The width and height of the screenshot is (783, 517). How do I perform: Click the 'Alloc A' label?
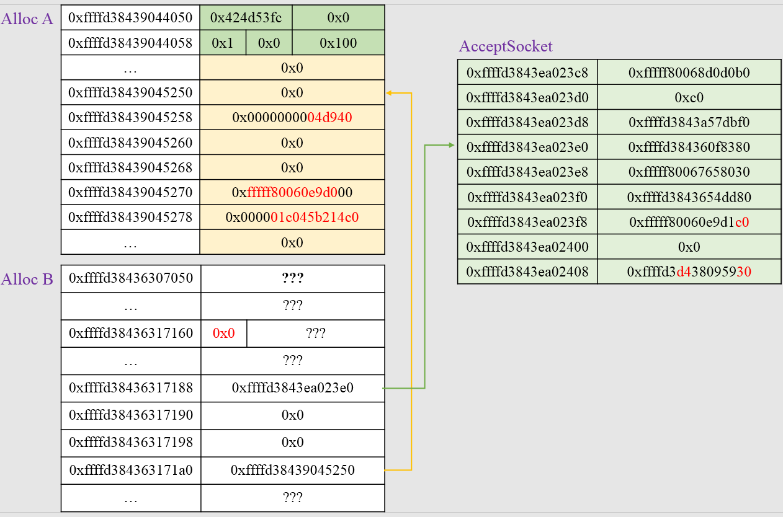pyautogui.click(x=27, y=19)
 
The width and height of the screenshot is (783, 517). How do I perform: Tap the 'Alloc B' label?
pyautogui.click(x=27, y=279)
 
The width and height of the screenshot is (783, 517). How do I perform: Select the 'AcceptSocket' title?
pyautogui.click(x=506, y=46)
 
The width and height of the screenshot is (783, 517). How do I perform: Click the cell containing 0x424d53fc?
pyautogui.click(x=246, y=17)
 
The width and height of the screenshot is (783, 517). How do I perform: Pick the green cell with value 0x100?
pyautogui.click(x=338, y=43)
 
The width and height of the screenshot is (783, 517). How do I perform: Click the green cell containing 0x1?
pyautogui.click(x=223, y=43)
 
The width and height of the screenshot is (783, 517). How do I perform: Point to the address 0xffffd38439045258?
pyautogui.click(x=130, y=117)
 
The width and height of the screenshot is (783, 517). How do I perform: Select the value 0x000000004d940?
pyautogui.click(x=292, y=117)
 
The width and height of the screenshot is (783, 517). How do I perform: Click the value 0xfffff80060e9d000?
pyautogui.click(x=292, y=192)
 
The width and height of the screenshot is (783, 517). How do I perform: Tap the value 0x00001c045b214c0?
pyautogui.click(x=292, y=218)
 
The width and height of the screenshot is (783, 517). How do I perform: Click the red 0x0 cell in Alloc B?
pyautogui.click(x=224, y=334)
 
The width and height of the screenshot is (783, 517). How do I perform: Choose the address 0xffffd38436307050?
pyautogui.click(x=131, y=278)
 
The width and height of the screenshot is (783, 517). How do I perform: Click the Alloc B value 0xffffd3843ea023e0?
pyautogui.click(x=293, y=388)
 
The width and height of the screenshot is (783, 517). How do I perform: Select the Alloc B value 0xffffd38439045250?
pyautogui.click(x=293, y=470)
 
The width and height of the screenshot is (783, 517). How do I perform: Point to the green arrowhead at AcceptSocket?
pyautogui.click(x=452, y=145)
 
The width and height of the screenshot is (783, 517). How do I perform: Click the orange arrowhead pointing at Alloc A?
pyautogui.click(x=389, y=93)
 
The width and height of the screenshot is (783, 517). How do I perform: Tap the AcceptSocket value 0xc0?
pyautogui.click(x=689, y=97)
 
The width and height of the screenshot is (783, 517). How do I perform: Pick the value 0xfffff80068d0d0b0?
pyautogui.click(x=689, y=73)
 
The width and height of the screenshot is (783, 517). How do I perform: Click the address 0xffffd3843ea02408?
pyautogui.click(x=527, y=272)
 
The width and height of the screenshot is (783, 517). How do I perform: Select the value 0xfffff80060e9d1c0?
pyautogui.click(x=689, y=222)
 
